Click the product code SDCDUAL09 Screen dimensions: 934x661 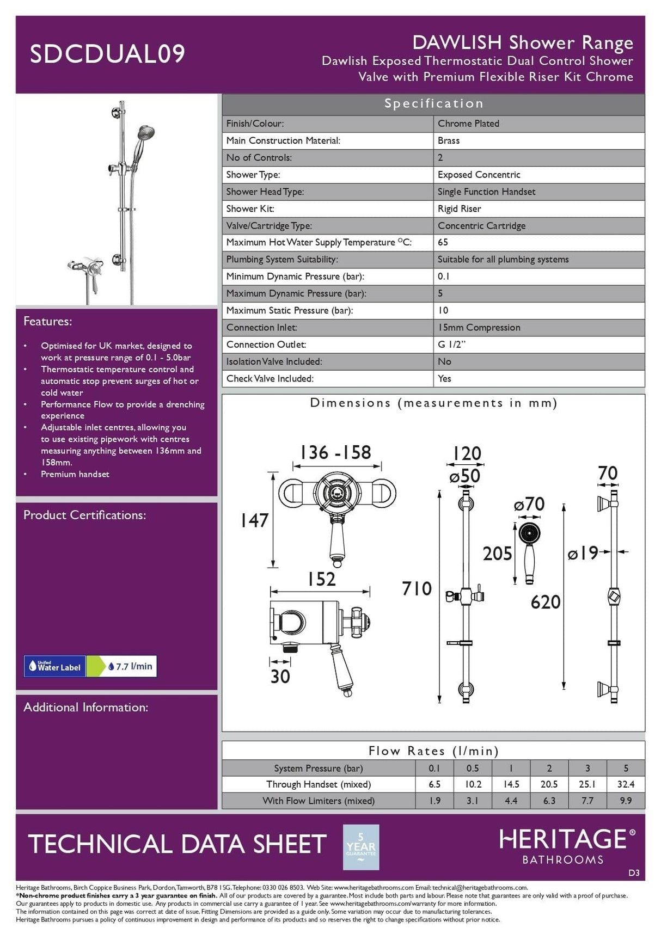click(107, 54)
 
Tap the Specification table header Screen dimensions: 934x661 click(433, 103)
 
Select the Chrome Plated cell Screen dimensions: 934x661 click(468, 124)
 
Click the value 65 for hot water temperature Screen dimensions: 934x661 click(443, 242)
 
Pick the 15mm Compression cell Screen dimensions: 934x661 click(479, 327)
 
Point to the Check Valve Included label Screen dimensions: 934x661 click(270, 378)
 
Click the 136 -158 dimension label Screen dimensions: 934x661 click(335, 452)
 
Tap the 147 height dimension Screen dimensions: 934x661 click(254, 520)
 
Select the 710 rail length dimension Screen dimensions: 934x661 click(417, 588)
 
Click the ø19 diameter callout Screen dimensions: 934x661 click(583, 554)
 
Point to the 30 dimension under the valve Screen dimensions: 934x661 click(280, 677)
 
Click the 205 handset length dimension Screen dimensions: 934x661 click(497, 554)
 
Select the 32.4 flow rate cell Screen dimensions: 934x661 click(626, 784)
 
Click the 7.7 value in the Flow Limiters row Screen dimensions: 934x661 click(587, 801)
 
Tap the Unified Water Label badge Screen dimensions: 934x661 click(54, 666)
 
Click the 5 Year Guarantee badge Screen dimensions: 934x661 click(360, 846)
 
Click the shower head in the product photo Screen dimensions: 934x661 click(145, 132)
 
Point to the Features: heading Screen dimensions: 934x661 click(47, 321)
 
